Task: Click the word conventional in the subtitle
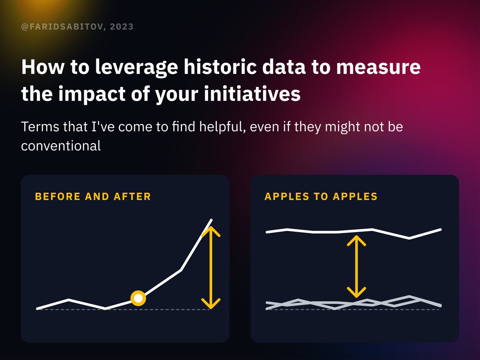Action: [61, 146]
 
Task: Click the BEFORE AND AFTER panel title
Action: [93, 196]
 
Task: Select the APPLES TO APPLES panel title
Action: [321, 196]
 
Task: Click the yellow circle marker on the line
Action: [138, 298]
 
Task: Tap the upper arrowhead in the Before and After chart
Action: [210, 231]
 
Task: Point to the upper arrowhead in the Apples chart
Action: [356, 240]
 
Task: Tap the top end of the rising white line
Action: [211, 220]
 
